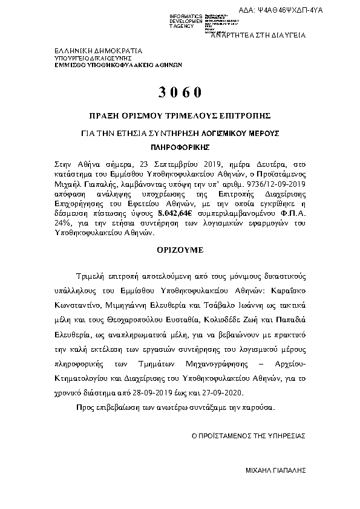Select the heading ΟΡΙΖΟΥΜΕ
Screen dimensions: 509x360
pyautogui.click(x=180, y=249)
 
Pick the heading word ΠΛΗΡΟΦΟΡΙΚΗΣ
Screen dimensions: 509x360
pyautogui.click(x=180, y=146)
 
